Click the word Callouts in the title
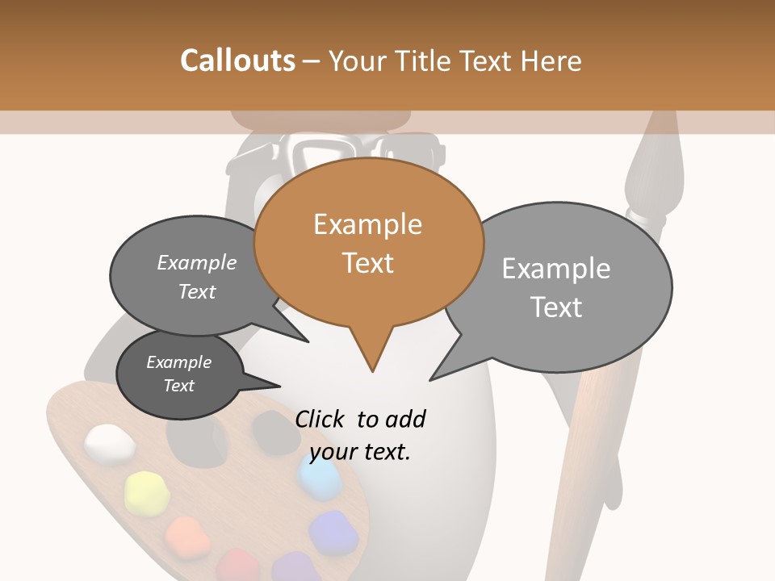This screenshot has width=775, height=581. pyautogui.click(x=237, y=61)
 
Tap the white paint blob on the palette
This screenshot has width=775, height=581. pyautogui.click(x=110, y=443)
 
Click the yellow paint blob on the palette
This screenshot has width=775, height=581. pyautogui.click(x=146, y=491)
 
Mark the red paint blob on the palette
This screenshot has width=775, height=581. pyautogui.click(x=237, y=565)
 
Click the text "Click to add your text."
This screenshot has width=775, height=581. pyautogui.click(x=360, y=435)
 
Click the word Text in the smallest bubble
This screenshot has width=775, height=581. pyautogui.click(x=179, y=386)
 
